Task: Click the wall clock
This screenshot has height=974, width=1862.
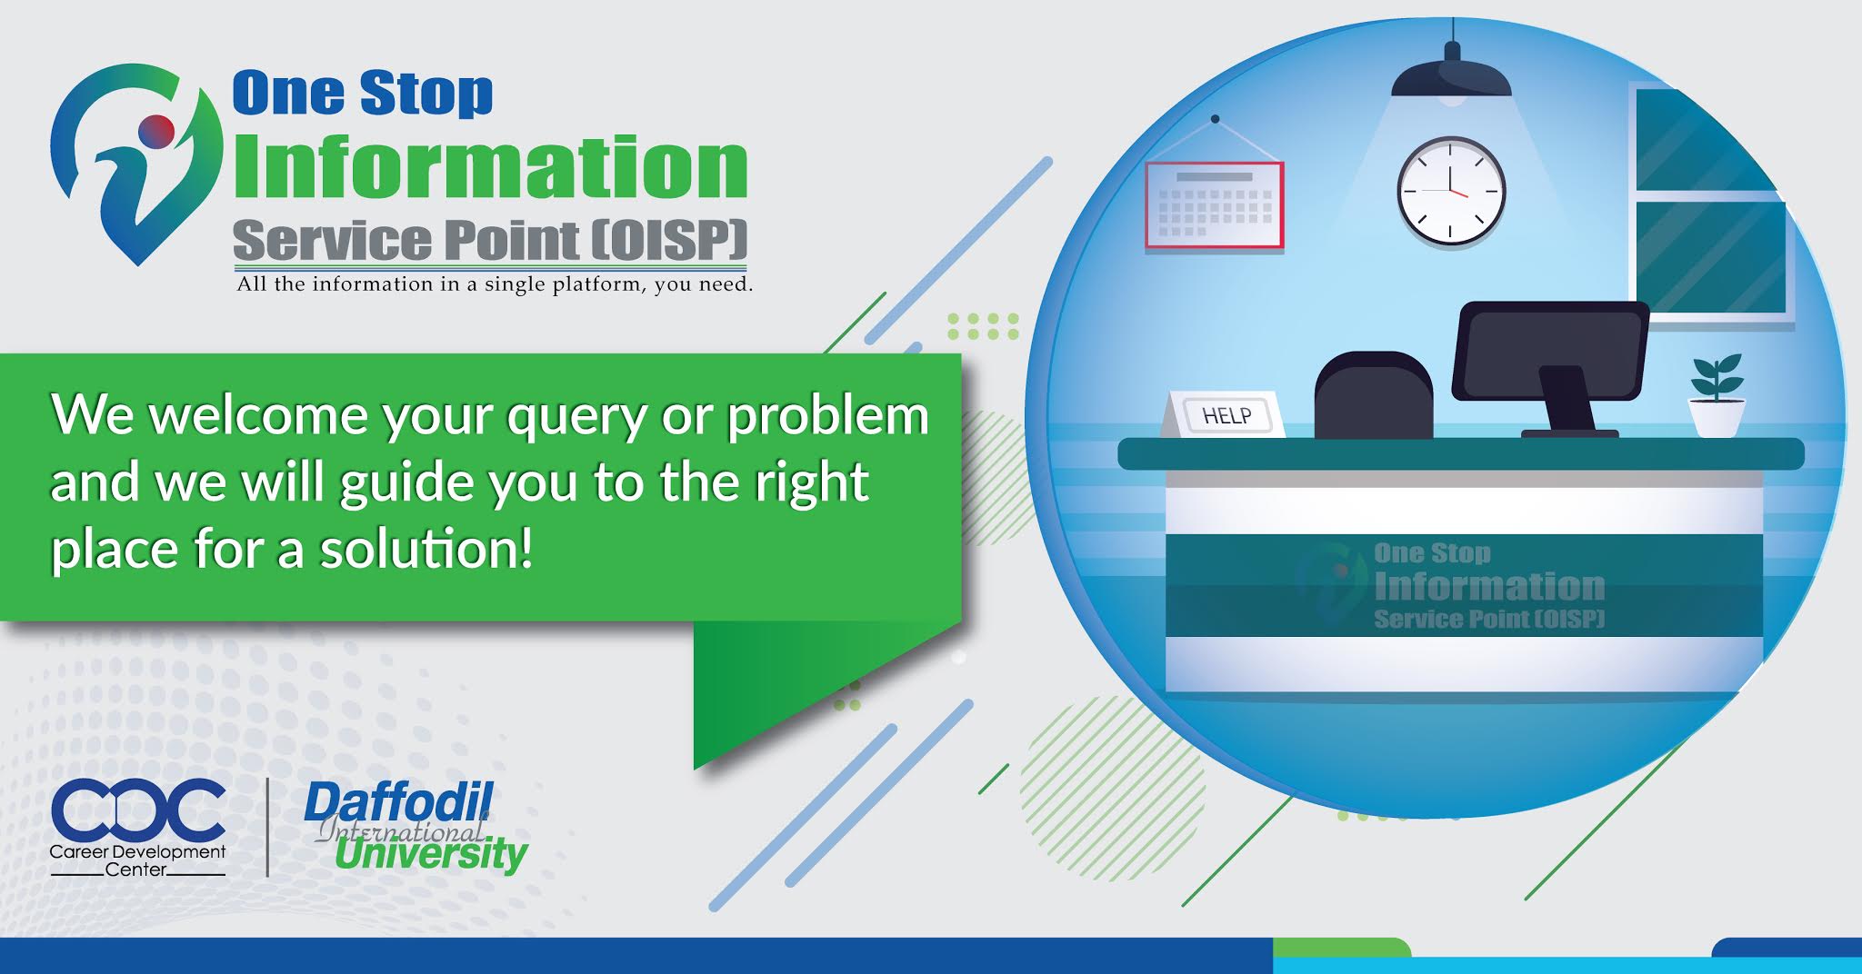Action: [x=1451, y=192]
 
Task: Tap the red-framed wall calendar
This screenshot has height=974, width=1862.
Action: [x=1215, y=204]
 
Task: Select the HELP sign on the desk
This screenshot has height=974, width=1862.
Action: [x=1225, y=414]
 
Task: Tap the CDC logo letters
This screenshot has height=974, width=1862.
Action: [x=138, y=810]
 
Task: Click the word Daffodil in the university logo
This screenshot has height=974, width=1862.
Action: [x=398, y=803]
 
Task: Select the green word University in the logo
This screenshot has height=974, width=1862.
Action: [x=431, y=853]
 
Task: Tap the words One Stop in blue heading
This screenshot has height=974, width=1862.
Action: [x=363, y=94]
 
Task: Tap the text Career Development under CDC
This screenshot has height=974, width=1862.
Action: [x=137, y=852]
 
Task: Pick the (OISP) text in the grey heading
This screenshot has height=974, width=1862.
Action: [x=669, y=240]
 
